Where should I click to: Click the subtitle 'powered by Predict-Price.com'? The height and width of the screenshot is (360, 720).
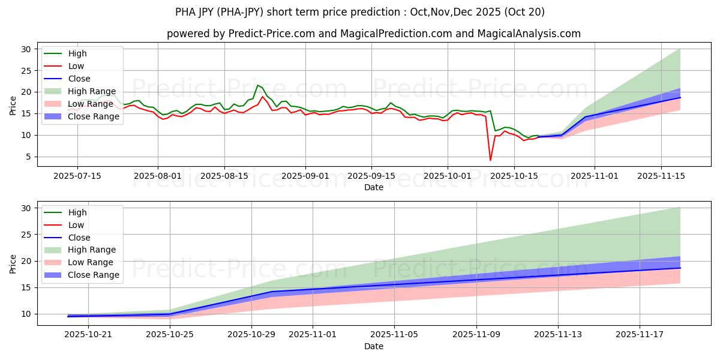pos(373,34)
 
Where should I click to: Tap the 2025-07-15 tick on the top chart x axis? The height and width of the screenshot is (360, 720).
pos(77,176)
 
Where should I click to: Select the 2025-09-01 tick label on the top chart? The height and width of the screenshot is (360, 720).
pos(305,176)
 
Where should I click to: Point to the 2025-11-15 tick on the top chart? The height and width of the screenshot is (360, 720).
pos(661,176)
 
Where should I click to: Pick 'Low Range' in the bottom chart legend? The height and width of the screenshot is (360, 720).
pos(89,262)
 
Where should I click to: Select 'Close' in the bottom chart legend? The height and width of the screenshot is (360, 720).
pos(79,237)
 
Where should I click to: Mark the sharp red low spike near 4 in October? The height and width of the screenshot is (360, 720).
pos(490,160)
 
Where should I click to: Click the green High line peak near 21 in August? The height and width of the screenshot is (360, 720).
pos(257,85)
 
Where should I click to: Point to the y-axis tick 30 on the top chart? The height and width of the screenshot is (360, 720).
pos(25,49)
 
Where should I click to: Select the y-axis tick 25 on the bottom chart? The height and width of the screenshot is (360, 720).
pos(25,235)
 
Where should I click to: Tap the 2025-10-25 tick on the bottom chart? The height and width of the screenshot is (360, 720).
pos(170,334)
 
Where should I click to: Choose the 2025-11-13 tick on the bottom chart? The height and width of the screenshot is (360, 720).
pos(558,334)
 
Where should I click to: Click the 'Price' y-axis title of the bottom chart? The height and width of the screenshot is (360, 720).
pos(13,263)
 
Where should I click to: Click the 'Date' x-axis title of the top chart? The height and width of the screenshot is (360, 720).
pos(373,187)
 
